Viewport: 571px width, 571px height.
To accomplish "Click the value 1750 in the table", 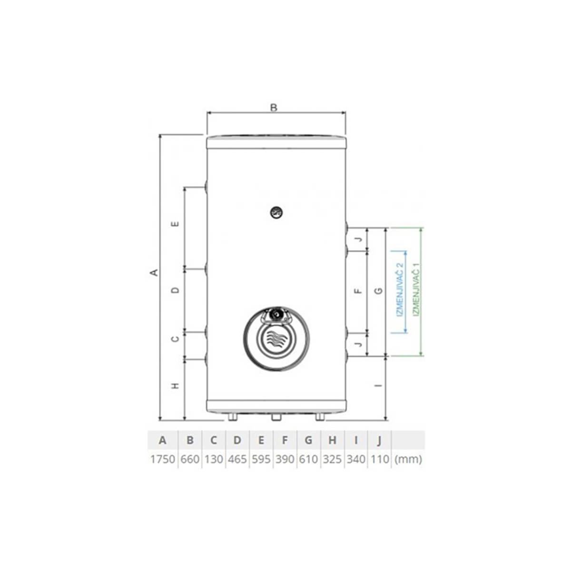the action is click(x=162, y=459).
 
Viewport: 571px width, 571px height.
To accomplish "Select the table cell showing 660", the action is click(x=190, y=459).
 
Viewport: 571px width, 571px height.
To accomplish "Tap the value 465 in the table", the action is click(x=237, y=459).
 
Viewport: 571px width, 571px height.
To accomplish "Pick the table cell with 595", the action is click(x=261, y=459).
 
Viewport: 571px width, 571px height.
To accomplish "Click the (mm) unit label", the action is click(x=408, y=459).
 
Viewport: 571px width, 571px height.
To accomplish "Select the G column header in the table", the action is click(x=308, y=440).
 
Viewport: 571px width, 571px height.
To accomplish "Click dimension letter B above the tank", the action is click(x=274, y=108).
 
